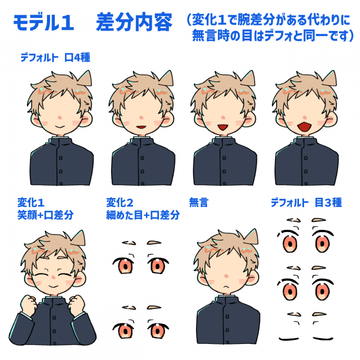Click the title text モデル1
click(43, 22)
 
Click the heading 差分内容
click(134, 22)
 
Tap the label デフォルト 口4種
click(55, 57)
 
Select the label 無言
click(198, 202)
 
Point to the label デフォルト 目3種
click(306, 202)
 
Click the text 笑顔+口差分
click(45, 215)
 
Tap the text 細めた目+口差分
click(143, 215)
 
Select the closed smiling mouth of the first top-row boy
click(59, 126)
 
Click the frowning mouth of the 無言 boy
click(226, 286)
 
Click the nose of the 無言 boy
click(226, 275)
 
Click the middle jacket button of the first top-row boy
click(61, 171)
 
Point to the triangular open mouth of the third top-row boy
click(222, 127)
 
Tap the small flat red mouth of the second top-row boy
click(141, 126)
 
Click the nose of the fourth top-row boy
click(304, 117)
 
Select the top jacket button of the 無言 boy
click(227, 316)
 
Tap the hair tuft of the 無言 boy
click(252, 236)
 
